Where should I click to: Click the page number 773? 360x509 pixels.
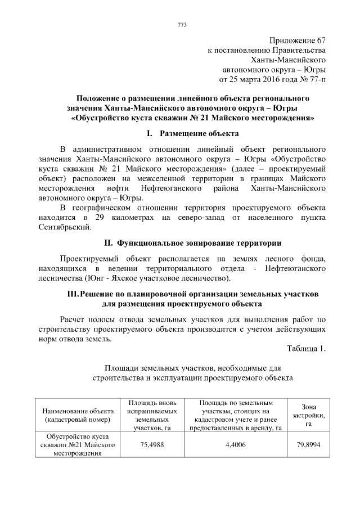coord(182,25)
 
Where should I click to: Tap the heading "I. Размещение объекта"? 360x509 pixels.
coord(192,134)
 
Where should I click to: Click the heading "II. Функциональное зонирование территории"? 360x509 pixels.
coord(193,243)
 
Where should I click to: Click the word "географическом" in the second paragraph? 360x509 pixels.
coord(107,208)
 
